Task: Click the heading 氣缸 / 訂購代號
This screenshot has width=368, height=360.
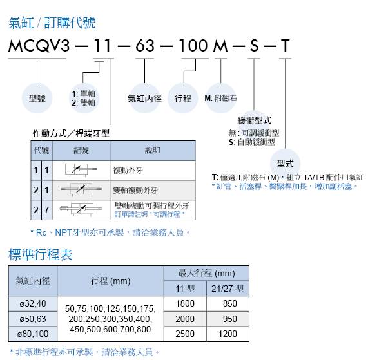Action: (52, 23)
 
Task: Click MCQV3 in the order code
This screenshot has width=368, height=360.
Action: (39, 46)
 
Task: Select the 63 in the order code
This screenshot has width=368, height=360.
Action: (145, 46)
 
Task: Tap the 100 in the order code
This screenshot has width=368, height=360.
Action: (193, 46)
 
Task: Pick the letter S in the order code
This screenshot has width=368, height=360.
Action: (254, 46)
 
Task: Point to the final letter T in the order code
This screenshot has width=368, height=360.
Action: (285, 46)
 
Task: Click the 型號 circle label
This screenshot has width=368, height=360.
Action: (37, 99)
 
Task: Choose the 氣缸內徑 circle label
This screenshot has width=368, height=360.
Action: (144, 99)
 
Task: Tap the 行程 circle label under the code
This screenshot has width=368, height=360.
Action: (183, 99)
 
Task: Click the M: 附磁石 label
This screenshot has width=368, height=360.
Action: (220, 99)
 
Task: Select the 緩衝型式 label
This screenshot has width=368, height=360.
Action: (254, 120)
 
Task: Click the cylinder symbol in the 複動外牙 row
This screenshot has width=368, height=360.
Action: (81, 170)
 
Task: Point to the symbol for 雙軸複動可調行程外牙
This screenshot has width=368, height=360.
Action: (81, 209)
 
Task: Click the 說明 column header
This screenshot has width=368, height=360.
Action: (153, 150)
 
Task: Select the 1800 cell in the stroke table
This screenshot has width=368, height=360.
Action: (185, 303)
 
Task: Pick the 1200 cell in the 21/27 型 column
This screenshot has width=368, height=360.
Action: (228, 334)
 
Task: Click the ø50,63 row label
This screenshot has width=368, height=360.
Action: (33, 319)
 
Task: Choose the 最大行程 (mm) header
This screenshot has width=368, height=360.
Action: (206, 273)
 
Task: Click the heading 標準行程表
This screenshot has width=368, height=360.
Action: (41, 254)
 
